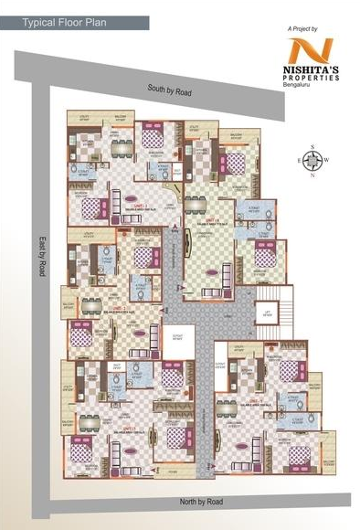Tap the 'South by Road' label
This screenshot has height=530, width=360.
(x=174, y=89)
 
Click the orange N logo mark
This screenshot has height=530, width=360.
(x=312, y=54)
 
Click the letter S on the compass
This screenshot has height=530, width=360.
(x=312, y=146)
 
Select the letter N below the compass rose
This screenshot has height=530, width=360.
(x=312, y=175)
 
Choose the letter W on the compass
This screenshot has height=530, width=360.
(x=327, y=161)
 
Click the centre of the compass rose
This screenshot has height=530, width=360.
(x=312, y=161)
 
